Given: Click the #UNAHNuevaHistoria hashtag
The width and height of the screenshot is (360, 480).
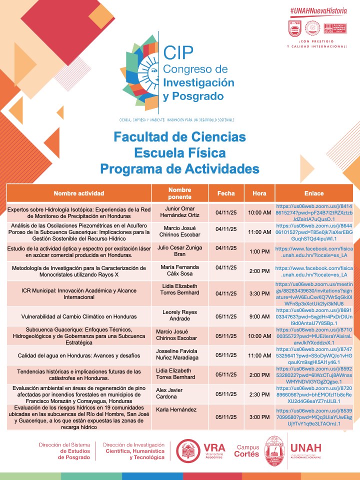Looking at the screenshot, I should tap(318, 10).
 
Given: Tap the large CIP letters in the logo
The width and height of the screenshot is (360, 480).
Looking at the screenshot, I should tap(178, 52).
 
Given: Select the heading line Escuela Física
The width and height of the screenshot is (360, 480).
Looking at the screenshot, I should tap(179, 152).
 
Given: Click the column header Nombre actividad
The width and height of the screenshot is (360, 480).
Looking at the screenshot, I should tap(79, 193).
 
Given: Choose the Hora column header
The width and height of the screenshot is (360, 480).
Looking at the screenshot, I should tap(259, 193).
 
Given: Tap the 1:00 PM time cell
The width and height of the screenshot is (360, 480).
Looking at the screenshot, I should tap(259, 251).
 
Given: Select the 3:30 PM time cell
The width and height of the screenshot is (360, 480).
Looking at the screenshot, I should tap(259, 293).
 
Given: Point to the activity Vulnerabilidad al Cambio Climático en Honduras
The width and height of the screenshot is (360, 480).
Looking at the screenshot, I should tap(79, 316).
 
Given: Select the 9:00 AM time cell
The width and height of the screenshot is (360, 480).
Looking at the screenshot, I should tap(259, 316).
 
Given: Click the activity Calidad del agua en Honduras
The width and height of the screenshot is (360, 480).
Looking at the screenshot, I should tap(79, 355).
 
